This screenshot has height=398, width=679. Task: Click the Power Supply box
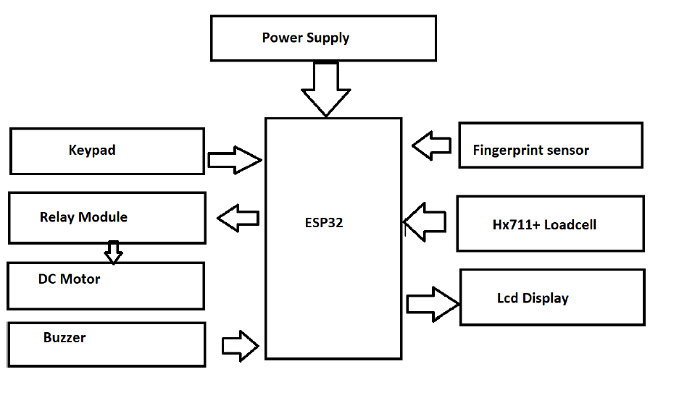point(323,38)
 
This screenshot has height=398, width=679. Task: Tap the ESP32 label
point(324,223)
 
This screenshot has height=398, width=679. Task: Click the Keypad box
point(107,151)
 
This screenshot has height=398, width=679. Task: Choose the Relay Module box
point(107,217)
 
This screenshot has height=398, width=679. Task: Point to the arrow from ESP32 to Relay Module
point(239,218)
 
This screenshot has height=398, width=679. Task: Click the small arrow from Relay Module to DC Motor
point(113,252)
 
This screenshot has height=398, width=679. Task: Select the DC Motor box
point(106,286)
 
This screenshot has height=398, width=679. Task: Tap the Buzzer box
point(107,344)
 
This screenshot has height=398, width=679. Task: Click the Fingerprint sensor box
point(551,145)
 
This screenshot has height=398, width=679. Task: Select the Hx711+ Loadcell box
point(550,224)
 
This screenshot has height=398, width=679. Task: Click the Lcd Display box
point(552,297)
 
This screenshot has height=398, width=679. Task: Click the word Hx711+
point(512,224)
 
